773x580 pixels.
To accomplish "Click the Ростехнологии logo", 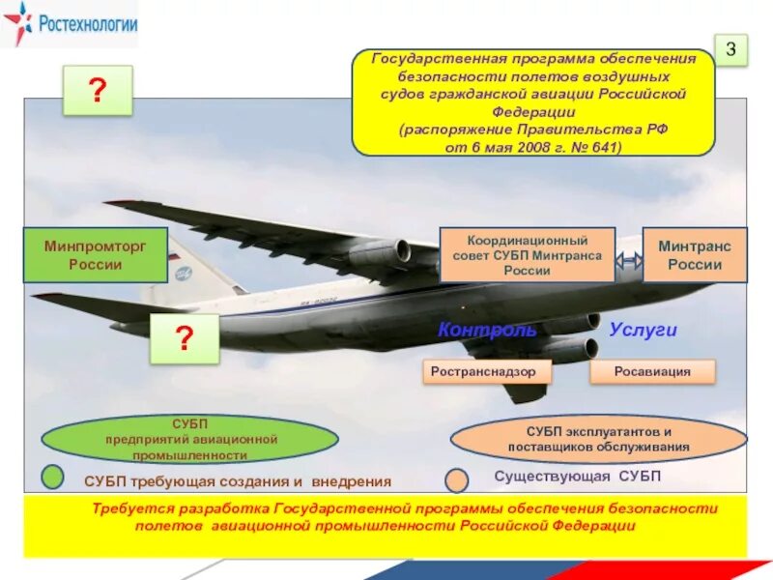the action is coord(70,24).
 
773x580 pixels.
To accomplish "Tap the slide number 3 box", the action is coord(731,48).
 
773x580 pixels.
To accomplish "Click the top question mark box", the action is coord(98,91).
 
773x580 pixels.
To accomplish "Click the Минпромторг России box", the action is coord(96,255).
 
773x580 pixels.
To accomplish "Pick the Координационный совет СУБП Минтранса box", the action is coord(527,255).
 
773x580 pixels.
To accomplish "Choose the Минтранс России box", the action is coord(694,255).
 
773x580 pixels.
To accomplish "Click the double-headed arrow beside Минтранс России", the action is coord(629,261).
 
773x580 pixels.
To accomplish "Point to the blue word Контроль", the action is coord(487,330).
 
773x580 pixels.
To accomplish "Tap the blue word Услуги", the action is coord(643,330).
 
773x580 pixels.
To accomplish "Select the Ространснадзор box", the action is coord(486,371).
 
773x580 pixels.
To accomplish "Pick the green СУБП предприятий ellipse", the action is coord(190,439).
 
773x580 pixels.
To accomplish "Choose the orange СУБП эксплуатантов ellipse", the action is coord(598,439).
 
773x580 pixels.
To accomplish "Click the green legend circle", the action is coord(53,477).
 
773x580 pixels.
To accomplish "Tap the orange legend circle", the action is coord(457,479).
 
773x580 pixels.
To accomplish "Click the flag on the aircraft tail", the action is coord(174,259).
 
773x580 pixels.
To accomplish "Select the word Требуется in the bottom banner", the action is coord(132,508).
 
